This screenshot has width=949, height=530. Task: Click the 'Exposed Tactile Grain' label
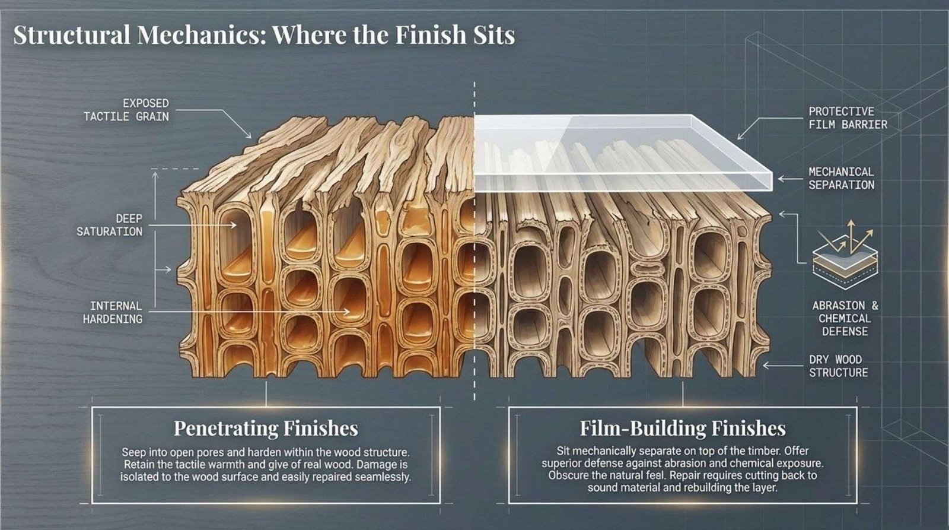(126, 110)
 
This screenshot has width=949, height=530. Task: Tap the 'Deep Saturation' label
(110, 225)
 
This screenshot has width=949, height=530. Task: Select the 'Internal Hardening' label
(113, 312)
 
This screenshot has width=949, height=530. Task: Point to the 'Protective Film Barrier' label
(848, 118)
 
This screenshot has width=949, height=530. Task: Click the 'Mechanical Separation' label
(841, 178)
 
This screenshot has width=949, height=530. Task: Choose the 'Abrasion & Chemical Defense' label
(845, 318)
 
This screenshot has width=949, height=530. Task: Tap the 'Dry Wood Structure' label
(838, 366)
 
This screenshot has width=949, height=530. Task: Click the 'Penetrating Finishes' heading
(266, 428)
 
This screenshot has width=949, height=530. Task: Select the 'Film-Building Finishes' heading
(683, 428)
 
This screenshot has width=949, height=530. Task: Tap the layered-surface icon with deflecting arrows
(844, 253)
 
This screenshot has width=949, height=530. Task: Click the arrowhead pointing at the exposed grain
(249, 135)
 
